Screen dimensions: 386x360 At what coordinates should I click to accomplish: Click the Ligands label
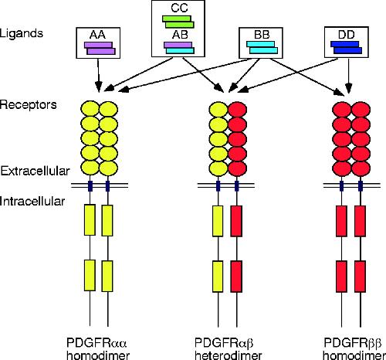[22, 33]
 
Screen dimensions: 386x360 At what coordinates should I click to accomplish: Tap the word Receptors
[29, 105]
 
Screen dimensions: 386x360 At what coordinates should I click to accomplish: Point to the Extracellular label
[36, 171]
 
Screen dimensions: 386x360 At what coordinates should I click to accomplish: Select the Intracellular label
[32, 201]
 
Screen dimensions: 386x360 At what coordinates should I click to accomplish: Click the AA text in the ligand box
[98, 35]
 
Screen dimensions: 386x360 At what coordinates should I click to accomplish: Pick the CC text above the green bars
[179, 8]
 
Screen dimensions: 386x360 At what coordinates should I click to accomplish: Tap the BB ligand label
[262, 35]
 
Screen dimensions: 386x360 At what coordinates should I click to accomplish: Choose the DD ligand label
[347, 34]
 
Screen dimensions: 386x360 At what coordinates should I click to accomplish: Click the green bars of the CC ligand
[178, 22]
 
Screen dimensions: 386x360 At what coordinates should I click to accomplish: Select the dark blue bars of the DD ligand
[346, 48]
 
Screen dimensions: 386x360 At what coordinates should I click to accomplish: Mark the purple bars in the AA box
[100, 49]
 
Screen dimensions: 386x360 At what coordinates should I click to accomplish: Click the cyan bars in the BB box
[262, 48]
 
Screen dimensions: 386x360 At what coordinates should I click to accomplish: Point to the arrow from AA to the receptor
[98, 75]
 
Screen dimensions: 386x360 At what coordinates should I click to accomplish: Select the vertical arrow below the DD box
[348, 75]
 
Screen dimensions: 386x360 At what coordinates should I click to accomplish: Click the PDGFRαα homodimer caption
[98, 349]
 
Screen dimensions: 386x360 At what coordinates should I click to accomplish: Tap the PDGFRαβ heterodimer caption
[229, 349]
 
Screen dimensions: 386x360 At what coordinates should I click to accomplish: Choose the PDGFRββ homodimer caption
[354, 349]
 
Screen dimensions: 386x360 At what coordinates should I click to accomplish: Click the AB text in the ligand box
[180, 35]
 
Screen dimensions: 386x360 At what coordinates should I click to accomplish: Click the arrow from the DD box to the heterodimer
[287, 75]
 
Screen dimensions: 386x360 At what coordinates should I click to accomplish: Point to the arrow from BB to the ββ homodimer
[307, 76]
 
